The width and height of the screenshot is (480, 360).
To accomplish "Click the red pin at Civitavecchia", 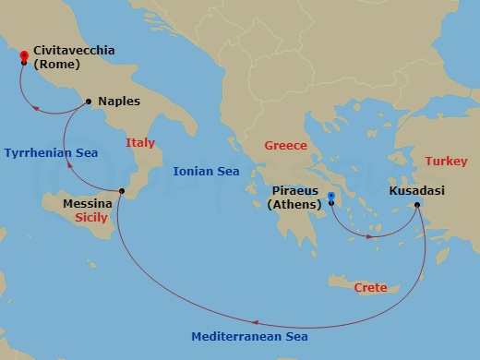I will click(x=24, y=56).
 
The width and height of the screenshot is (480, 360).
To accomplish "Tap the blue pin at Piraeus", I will click(x=331, y=197).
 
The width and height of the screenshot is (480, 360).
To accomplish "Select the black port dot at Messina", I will click(x=122, y=192).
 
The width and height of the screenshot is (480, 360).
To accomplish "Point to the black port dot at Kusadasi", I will click(x=417, y=205).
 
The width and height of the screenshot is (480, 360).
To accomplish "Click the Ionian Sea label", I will click(x=206, y=171).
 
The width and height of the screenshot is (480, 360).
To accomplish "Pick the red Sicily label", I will click(x=91, y=218).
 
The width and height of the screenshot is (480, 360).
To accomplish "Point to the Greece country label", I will click(x=285, y=146).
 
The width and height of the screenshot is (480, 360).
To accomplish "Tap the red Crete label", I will click(x=372, y=288).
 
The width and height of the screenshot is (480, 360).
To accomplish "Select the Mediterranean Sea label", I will click(x=249, y=337).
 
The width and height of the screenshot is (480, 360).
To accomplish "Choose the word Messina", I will click(x=88, y=203).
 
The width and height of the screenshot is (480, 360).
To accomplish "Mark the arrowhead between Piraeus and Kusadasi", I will click(x=370, y=237).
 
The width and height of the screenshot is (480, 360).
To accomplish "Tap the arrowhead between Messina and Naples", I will click(x=69, y=166).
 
